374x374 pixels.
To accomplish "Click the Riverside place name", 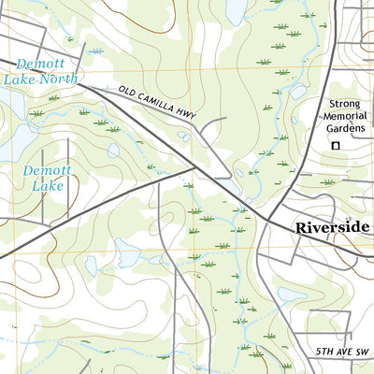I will coord(332,227).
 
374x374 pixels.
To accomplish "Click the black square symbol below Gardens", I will coord(335,146).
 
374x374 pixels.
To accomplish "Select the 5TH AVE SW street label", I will coord(342,352).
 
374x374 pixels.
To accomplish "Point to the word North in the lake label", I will coord(58,79).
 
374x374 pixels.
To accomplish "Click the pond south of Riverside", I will coord(292,295).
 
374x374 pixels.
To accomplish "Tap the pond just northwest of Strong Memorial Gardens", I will coord(299,92).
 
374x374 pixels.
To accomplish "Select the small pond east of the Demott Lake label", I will coord(113,150).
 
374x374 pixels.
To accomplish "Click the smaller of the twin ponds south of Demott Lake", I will coord(91,266).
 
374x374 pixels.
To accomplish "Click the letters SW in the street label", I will coord(362,352).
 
